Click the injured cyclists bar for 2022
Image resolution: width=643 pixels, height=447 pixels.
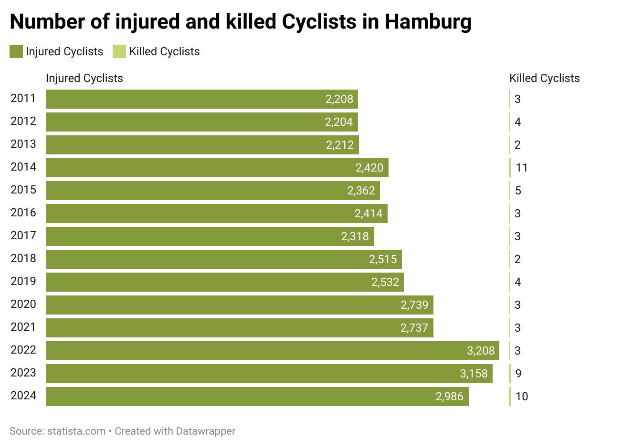[x=272, y=351]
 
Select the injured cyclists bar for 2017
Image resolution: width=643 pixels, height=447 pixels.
[x=210, y=236]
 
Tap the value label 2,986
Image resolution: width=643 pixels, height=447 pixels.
[x=449, y=396]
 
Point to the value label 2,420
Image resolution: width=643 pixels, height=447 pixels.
[x=369, y=168]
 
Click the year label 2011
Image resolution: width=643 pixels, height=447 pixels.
[x=23, y=99]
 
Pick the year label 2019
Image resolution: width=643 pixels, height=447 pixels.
[x=23, y=282]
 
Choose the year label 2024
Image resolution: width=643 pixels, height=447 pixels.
[x=23, y=396]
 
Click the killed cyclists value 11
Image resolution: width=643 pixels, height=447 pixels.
[x=521, y=168]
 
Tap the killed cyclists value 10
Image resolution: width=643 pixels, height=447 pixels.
[x=521, y=396]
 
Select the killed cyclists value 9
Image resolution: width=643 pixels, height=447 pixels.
[x=518, y=374]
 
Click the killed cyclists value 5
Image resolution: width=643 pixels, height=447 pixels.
[x=518, y=191]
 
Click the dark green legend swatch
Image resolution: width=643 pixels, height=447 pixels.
[x=16, y=51]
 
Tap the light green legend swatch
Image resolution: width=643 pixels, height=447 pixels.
[x=119, y=51]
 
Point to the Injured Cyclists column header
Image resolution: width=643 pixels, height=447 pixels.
[x=84, y=78]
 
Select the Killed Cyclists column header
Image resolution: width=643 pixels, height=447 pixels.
[x=544, y=78]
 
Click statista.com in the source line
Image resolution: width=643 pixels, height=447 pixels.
[x=76, y=431]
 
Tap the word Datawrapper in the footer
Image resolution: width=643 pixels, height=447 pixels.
[x=206, y=431]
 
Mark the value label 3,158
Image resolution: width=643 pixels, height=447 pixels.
[x=474, y=374]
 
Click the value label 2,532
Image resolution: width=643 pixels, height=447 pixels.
[x=385, y=282]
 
